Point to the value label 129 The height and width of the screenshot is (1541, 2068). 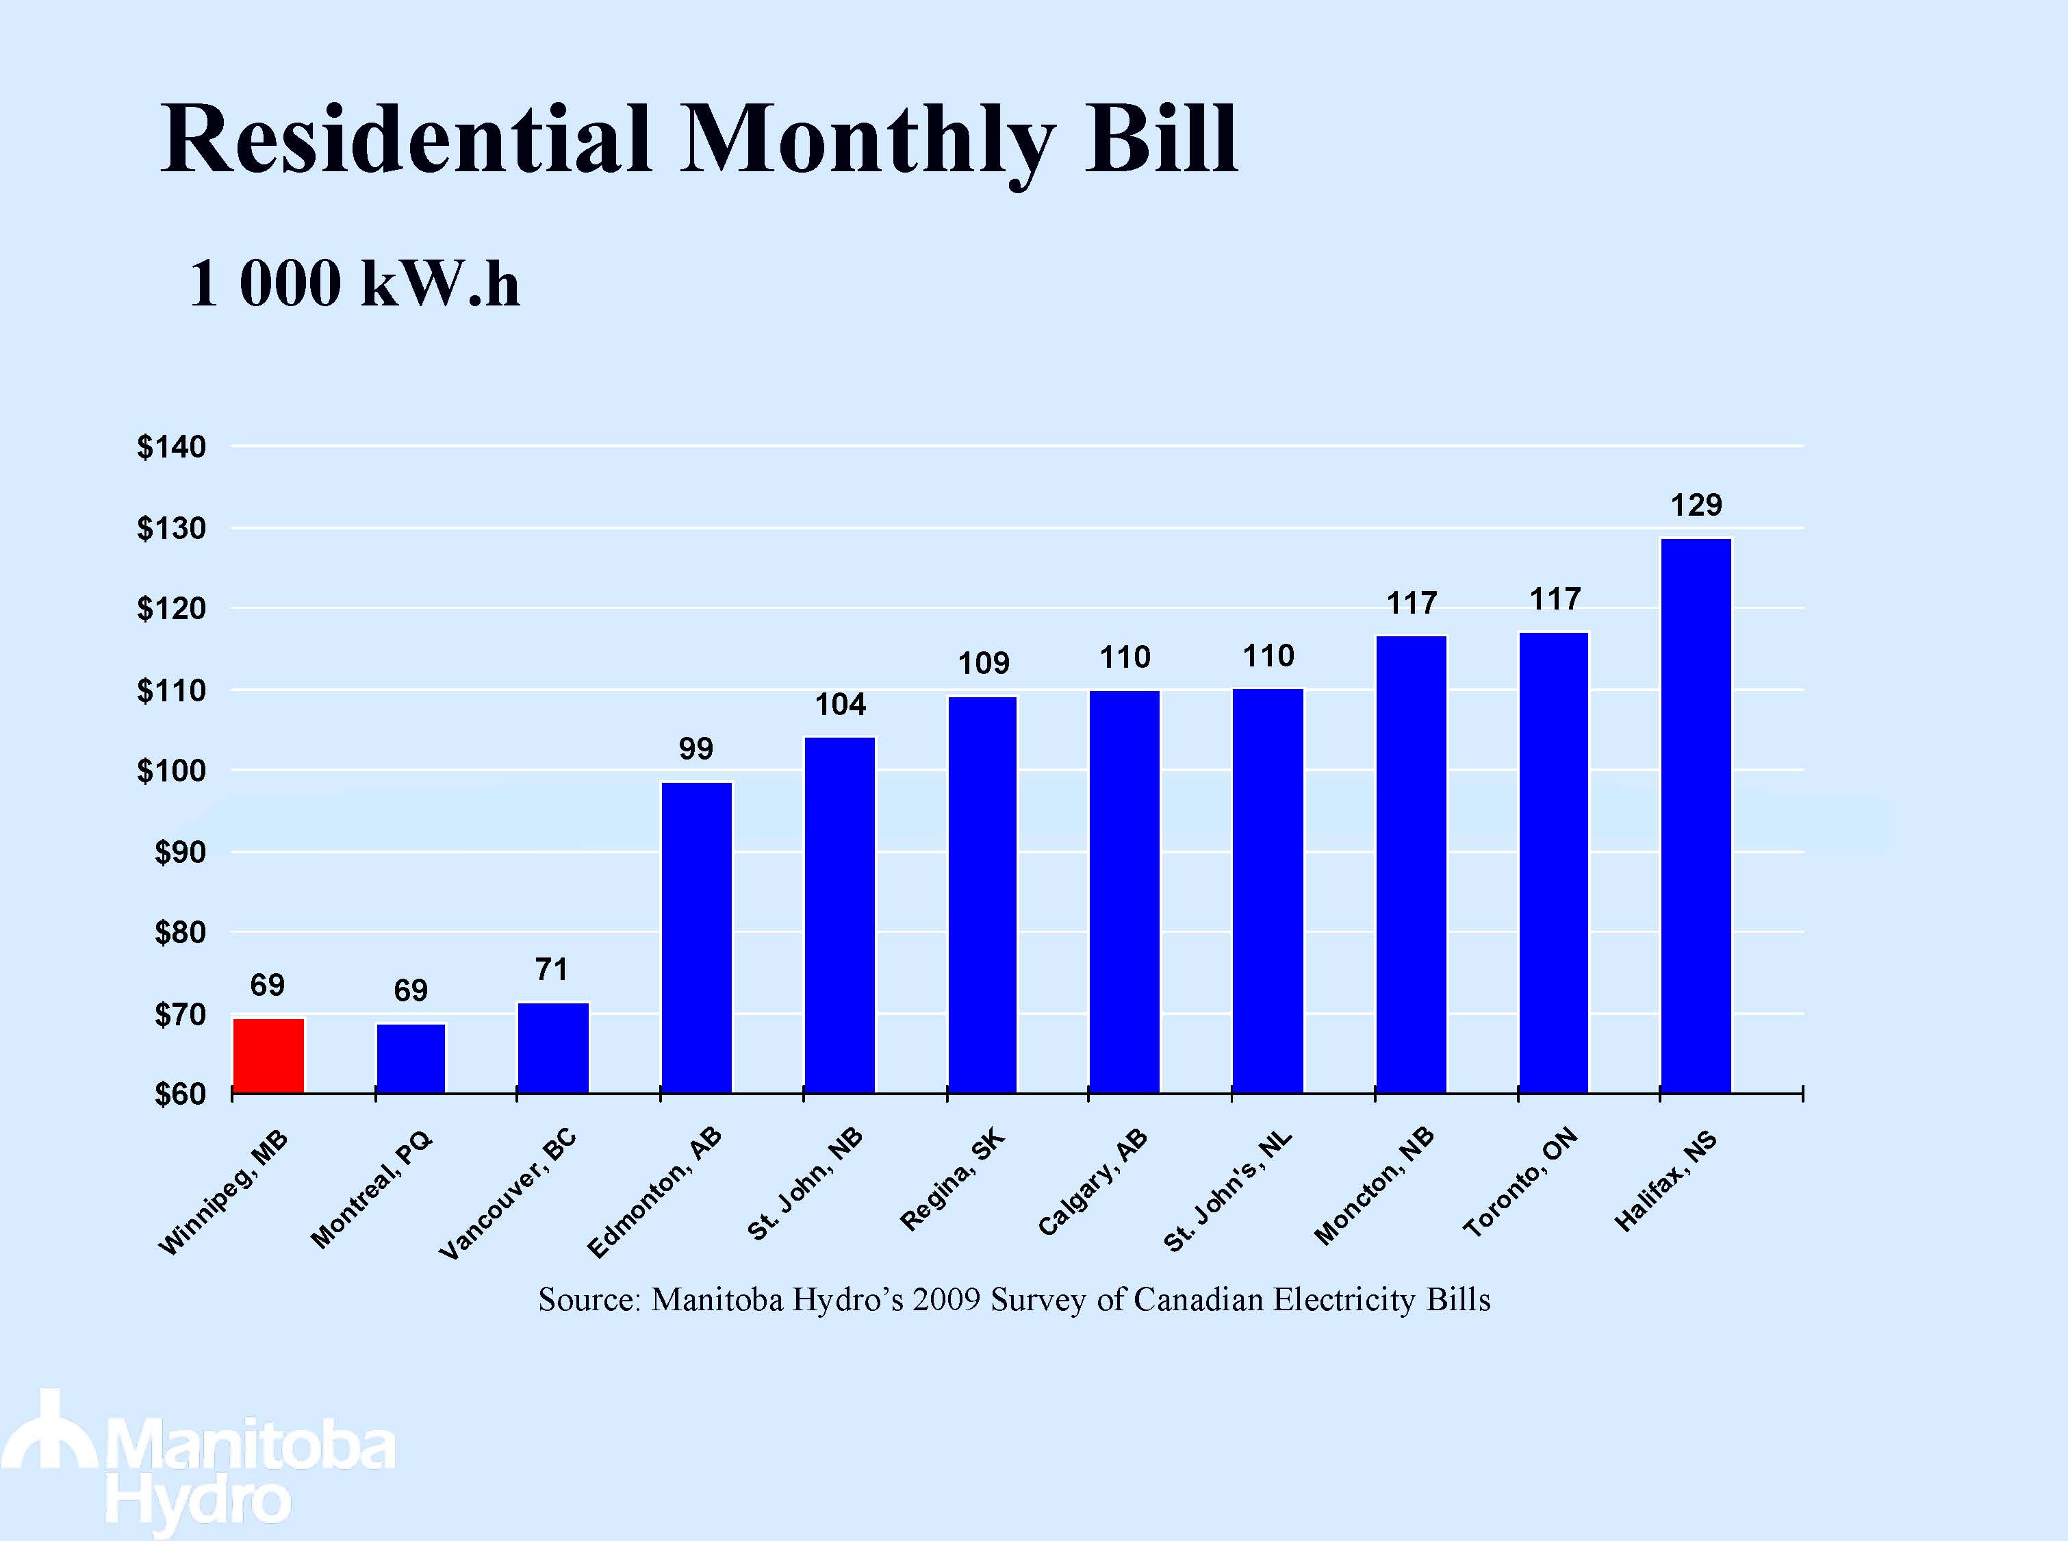(x=1696, y=505)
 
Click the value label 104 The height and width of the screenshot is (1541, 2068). (x=840, y=704)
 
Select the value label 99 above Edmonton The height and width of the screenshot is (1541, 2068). (x=695, y=748)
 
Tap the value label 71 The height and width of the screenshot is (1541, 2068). (x=551, y=970)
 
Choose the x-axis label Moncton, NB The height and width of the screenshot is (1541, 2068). (x=1373, y=1186)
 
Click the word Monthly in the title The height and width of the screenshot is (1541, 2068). (x=868, y=140)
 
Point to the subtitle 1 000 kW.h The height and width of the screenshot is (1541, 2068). (x=355, y=284)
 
